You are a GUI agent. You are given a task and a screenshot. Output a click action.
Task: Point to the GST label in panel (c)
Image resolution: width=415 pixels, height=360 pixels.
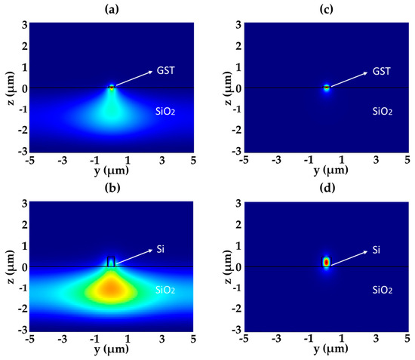coord(386,71)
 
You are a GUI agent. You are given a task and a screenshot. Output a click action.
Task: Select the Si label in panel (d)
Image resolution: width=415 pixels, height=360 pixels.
coord(383,250)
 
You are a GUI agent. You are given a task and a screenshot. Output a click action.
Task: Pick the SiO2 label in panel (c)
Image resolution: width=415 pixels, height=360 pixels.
coord(385,110)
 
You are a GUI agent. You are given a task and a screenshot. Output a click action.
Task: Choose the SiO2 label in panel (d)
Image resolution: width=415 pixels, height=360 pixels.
coord(385,290)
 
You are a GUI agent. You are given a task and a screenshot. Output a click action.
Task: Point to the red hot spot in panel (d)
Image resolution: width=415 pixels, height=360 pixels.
coord(327,262)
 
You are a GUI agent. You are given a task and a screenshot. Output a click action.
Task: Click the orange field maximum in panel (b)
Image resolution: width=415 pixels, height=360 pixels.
coord(111,288)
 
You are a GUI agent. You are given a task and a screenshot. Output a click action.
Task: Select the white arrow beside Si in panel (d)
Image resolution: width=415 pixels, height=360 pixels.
coord(352,257)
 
